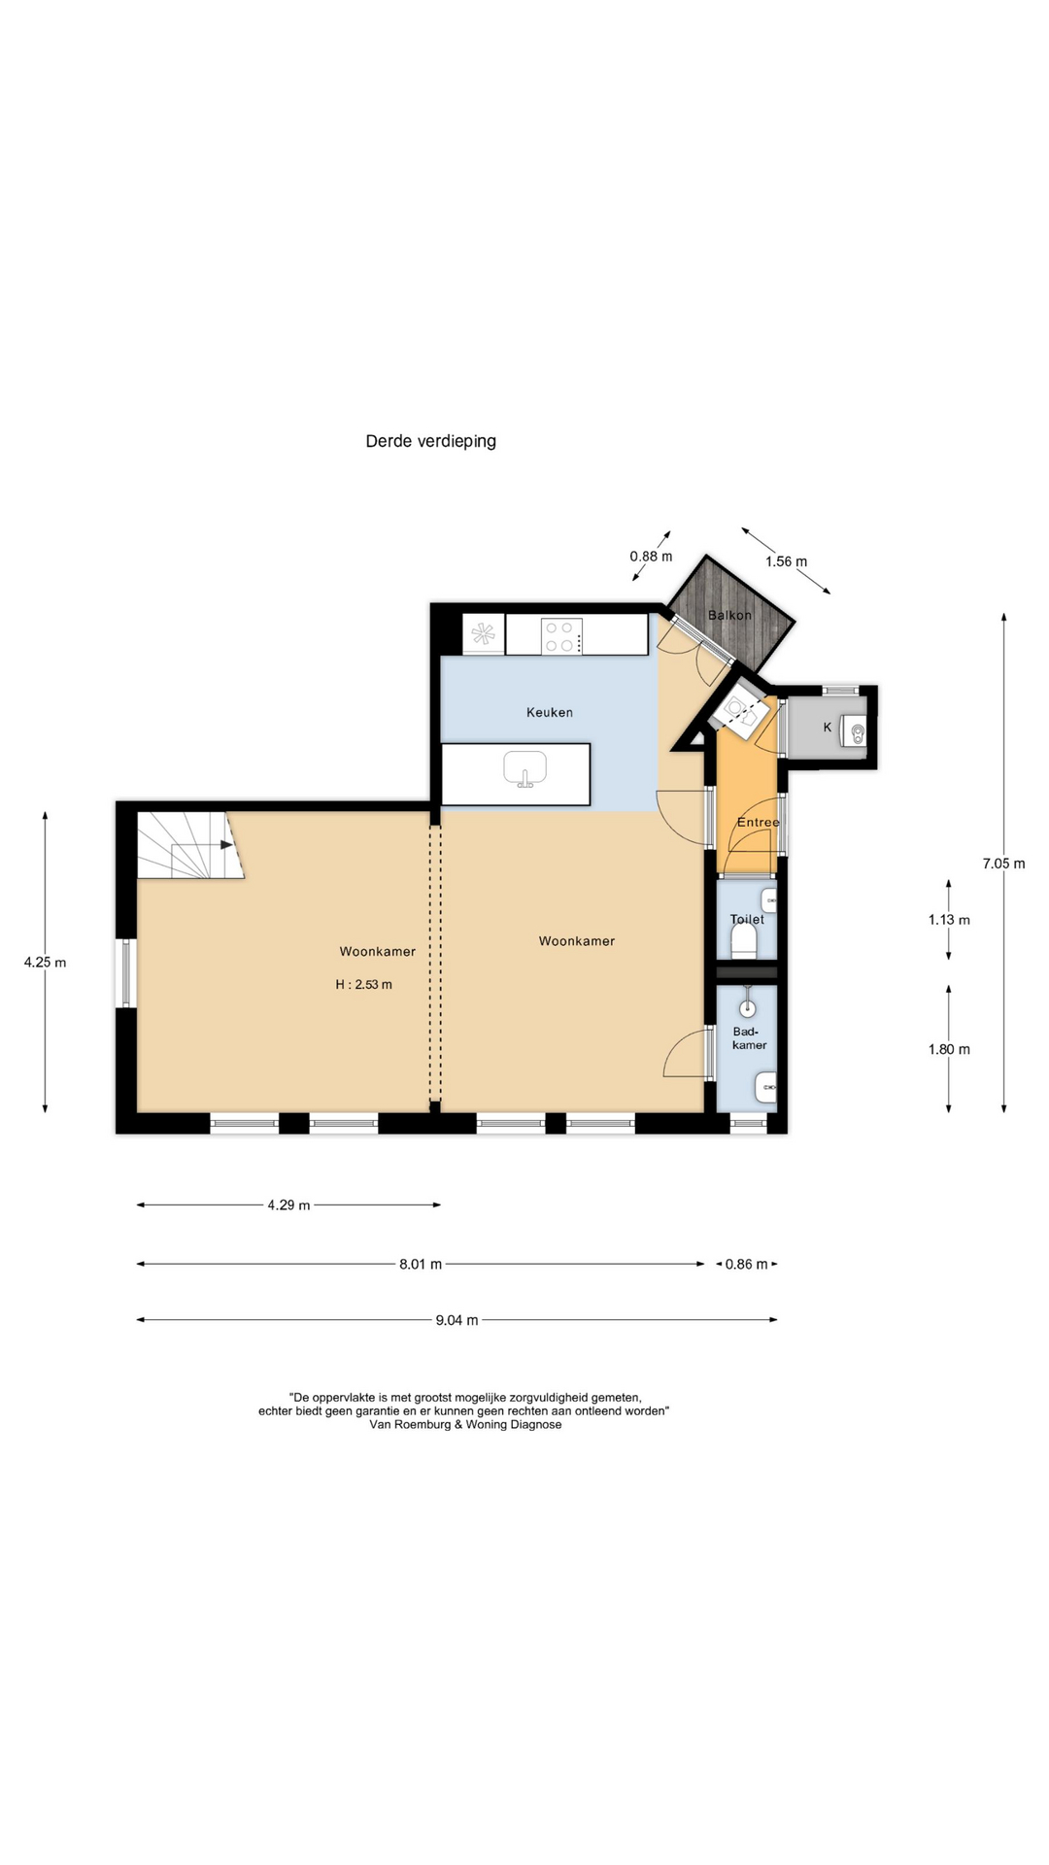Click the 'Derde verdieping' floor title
[430, 441]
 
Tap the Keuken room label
[550, 712]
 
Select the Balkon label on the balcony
[729, 615]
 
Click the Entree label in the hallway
[758, 822]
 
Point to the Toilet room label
[747, 919]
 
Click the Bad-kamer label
[750, 1038]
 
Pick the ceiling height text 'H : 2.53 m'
[364, 984]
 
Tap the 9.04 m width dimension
[457, 1320]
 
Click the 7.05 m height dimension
[1003, 863]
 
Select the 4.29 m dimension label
[288, 1205]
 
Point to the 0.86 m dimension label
[746, 1265]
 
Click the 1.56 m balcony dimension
[786, 561]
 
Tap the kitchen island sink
[525, 769]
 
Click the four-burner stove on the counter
[562, 635]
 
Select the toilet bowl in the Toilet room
[743, 940]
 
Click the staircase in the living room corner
[189, 845]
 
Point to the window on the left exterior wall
[125, 972]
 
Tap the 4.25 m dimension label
[45, 963]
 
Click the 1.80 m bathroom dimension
[949, 1049]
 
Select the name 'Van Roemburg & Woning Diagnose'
[465, 1425]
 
